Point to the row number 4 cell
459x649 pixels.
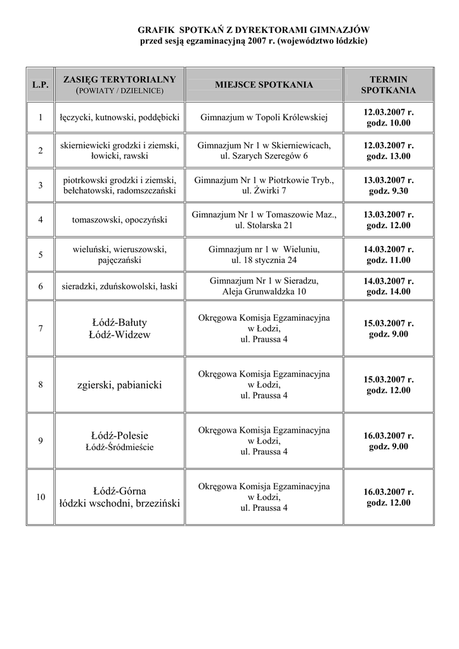(x=41, y=220)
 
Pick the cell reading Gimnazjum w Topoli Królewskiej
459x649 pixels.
(x=264, y=117)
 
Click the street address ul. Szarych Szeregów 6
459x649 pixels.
(x=264, y=156)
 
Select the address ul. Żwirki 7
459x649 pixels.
(x=264, y=191)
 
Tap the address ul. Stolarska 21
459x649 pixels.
(x=264, y=226)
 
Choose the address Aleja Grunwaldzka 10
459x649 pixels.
(x=264, y=292)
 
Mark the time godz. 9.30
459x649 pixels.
(x=388, y=191)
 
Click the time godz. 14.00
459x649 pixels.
(x=388, y=292)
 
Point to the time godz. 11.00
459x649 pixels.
(x=388, y=260)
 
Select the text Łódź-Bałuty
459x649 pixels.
(x=119, y=323)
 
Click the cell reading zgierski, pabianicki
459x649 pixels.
(x=119, y=385)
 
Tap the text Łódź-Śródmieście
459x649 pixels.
(x=119, y=447)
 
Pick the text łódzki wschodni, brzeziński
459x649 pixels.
(x=119, y=503)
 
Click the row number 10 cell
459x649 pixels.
(x=41, y=497)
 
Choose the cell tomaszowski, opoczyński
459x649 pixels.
(x=119, y=220)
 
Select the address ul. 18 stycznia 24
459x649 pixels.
(x=264, y=260)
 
